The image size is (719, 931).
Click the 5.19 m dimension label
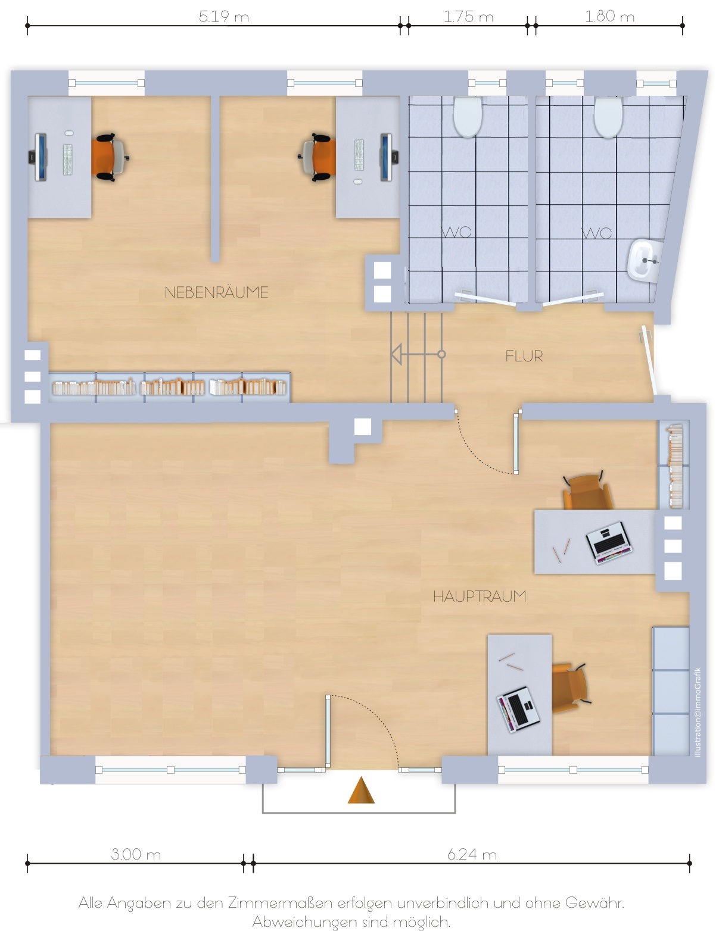[x=223, y=17]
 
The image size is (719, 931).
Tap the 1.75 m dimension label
[x=468, y=17]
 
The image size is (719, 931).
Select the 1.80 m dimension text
[x=609, y=16]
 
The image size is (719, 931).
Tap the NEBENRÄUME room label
[x=216, y=292]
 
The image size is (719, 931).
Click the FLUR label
[x=524, y=356]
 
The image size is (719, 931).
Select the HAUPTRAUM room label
[x=480, y=596]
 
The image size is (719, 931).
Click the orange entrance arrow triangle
[x=361, y=789]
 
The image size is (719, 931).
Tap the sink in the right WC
[x=645, y=261]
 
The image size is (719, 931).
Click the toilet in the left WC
[x=468, y=116]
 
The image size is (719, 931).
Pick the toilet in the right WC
[x=608, y=117]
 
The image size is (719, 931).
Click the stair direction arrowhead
[x=396, y=354]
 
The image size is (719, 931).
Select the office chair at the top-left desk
[x=110, y=157]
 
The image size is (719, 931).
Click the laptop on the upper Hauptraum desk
[x=609, y=542]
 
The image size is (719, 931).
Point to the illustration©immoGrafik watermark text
[x=698, y=712]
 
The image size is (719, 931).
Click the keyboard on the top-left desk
[x=68, y=160]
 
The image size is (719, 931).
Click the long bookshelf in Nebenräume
[x=169, y=388]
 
